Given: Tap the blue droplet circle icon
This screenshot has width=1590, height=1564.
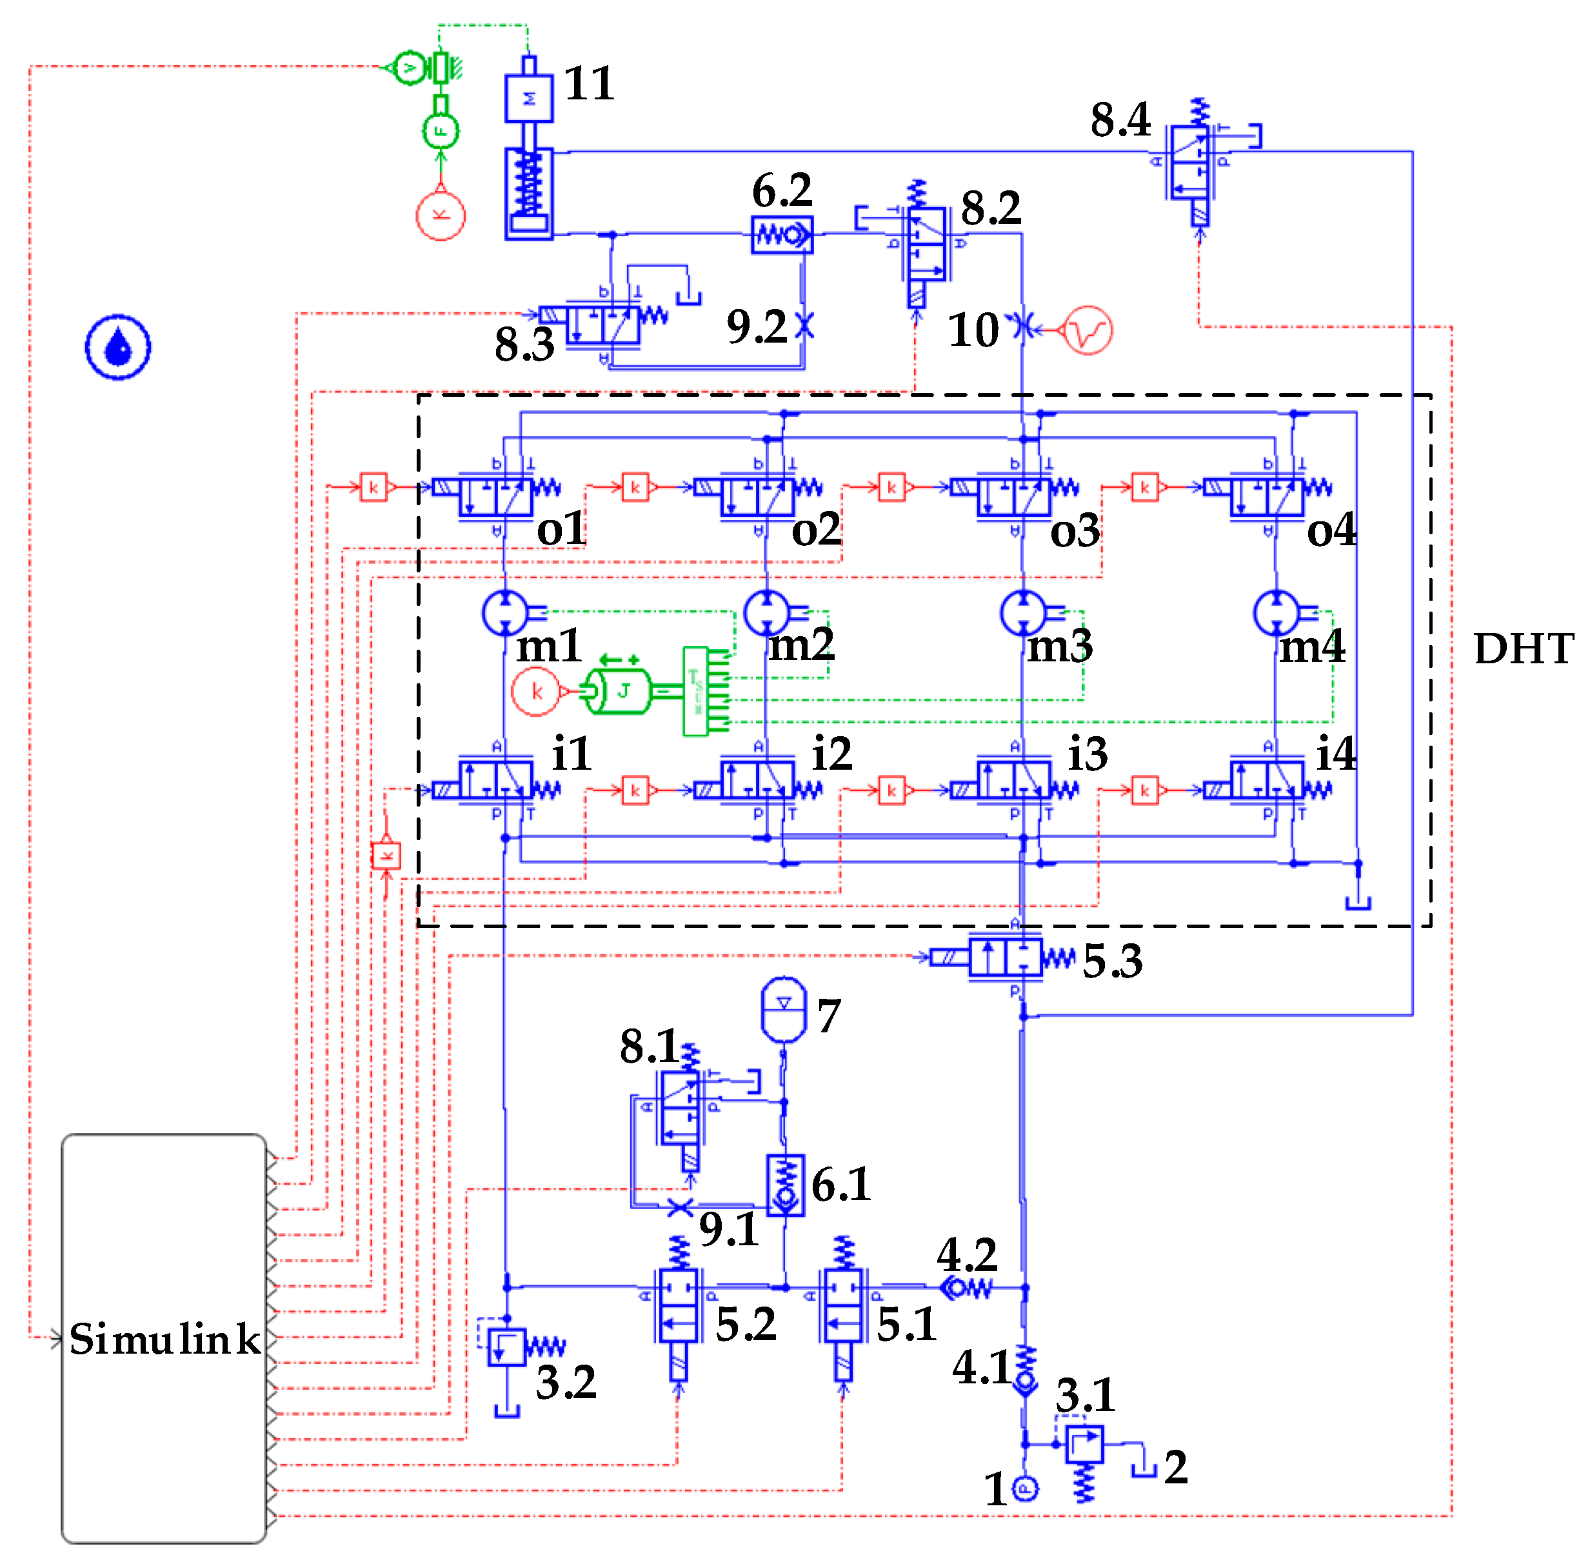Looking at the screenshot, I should [x=118, y=346].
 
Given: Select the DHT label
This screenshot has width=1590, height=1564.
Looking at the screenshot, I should [x=1523, y=649].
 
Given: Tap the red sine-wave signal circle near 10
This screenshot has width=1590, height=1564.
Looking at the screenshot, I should [x=1088, y=330].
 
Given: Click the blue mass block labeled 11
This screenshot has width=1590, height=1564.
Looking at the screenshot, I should [x=529, y=99].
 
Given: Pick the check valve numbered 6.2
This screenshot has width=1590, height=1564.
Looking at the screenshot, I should [x=782, y=235].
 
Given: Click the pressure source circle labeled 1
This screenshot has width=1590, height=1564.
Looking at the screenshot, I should [x=1024, y=1488].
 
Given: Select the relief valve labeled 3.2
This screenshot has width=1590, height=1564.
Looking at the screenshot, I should [x=507, y=1347].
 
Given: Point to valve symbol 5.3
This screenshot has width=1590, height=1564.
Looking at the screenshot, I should [x=1005, y=957].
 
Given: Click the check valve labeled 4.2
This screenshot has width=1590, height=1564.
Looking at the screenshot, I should [x=966, y=1287].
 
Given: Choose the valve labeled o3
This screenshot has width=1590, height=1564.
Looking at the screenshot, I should [x=1013, y=496].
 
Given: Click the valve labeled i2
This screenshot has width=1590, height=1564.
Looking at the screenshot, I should [x=757, y=780].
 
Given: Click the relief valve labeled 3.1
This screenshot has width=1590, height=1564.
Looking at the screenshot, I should [x=1084, y=1444].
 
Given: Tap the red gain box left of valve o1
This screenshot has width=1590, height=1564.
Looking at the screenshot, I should [x=373, y=487].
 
